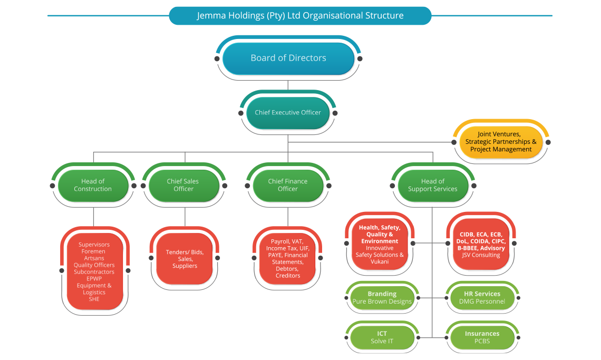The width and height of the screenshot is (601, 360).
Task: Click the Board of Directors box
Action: point(288,59)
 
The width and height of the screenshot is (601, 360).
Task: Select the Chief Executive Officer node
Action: point(288,113)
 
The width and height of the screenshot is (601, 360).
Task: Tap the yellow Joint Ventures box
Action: point(501,142)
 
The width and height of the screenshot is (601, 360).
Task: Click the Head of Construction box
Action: point(93,186)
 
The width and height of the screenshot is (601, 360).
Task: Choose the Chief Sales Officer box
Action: point(183,186)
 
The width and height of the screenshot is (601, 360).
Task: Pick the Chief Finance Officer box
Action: point(288,186)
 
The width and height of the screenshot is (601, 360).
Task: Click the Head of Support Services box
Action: point(433,186)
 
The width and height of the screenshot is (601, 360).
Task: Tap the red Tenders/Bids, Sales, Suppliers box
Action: point(185,259)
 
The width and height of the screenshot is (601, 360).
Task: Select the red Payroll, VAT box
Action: point(287,259)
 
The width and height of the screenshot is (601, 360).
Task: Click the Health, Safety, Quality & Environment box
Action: point(380,244)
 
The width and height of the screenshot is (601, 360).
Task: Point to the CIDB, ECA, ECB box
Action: point(481,244)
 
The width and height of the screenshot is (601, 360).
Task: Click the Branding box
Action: point(382,298)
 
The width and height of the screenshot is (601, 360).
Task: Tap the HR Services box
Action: point(482,298)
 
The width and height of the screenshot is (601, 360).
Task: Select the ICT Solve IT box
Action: point(382,338)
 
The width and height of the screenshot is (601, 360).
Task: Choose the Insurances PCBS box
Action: point(482,338)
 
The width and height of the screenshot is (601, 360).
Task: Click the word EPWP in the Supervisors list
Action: point(94,279)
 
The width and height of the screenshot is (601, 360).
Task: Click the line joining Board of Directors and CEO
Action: point(288,85)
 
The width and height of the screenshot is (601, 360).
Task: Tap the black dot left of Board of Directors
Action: point(217,59)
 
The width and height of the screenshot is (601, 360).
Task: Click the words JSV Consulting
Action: point(481,255)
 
